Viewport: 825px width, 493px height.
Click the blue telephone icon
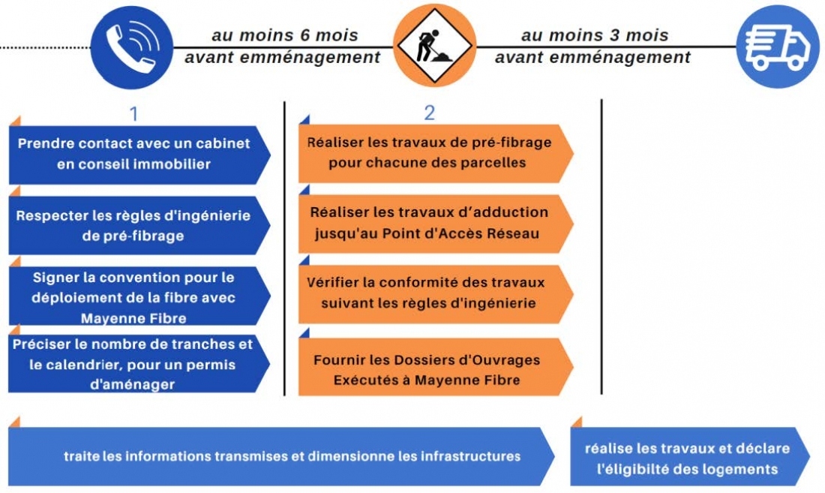131,47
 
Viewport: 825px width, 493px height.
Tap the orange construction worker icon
434,46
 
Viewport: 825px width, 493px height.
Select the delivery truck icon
778,47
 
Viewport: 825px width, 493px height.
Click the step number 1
134,113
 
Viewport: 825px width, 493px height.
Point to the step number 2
429,113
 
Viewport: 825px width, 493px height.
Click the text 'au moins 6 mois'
285,35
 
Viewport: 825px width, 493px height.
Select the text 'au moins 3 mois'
595,35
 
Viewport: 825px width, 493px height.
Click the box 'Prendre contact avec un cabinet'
139,154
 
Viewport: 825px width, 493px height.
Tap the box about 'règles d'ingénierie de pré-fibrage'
139,225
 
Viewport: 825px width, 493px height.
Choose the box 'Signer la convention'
139,296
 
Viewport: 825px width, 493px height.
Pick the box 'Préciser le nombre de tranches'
139,364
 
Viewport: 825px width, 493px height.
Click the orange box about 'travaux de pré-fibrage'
436,153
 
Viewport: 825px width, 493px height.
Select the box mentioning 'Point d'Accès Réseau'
436,224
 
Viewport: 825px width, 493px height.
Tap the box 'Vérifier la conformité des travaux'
436,293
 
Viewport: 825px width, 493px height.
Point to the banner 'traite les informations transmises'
281,456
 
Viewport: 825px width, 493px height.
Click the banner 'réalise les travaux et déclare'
690,456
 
